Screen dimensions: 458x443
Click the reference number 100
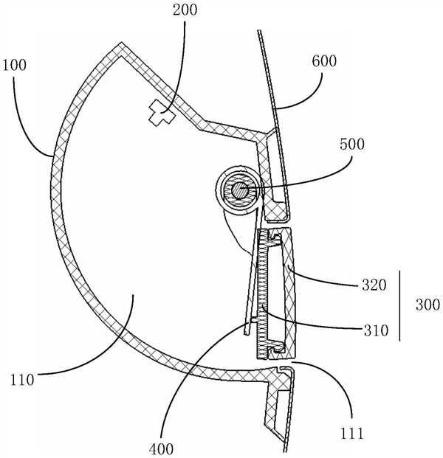[14, 65]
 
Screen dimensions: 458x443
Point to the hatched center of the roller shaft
[238, 190]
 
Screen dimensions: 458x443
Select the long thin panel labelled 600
[268, 81]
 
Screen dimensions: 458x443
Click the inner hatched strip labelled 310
[261, 295]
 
